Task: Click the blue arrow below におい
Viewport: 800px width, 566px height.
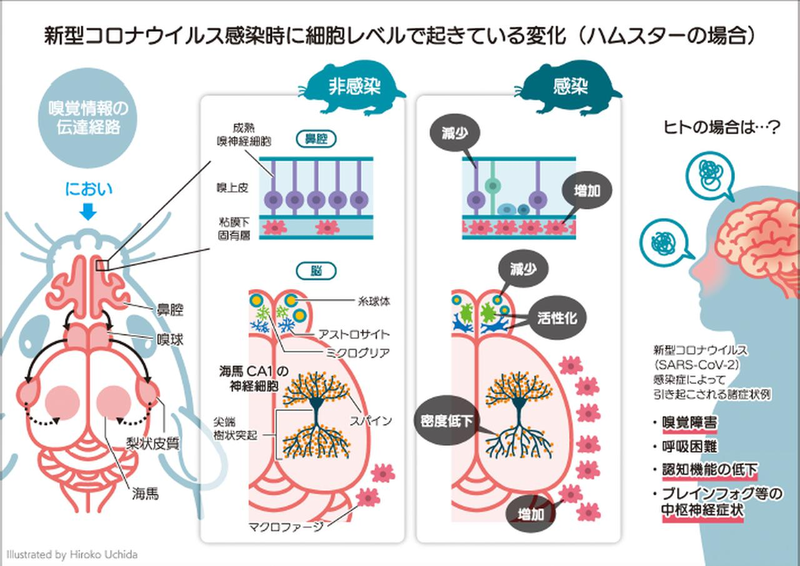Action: pyautogui.click(x=88, y=213)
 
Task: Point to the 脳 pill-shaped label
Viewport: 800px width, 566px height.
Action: pyautogui.click(x=316, y=271)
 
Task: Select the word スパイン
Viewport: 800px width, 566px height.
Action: pyautogui.click(x=371, y=420)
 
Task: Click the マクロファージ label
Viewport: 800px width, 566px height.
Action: pyautogui.click(x=287, y=527)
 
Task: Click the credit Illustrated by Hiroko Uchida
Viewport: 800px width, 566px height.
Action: pyautogui.click(x=72, y=554)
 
